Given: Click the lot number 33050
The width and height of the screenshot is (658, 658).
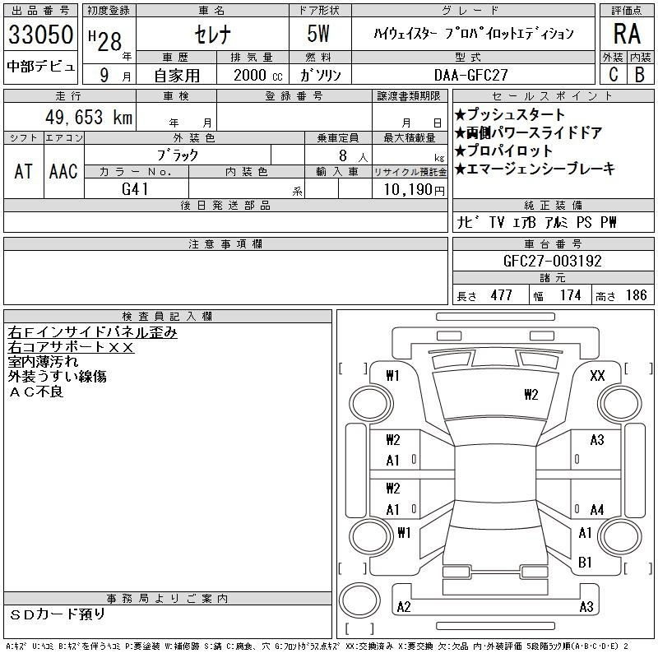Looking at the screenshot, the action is [x=40, y=35].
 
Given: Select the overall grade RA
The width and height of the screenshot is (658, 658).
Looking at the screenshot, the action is [x=627, y=34].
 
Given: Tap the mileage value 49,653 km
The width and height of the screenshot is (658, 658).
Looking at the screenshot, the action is [x=89, y=117].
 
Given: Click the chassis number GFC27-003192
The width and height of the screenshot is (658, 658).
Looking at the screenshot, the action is [x=553, y=261].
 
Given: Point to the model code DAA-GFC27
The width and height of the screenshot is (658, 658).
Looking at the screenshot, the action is [x=470, y=75].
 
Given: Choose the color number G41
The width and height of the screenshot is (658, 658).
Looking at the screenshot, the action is [x=135, y=189].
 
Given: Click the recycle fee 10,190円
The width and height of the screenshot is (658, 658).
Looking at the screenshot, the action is [x=414, y=190].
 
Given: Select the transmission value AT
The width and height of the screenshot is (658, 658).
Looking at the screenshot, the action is [x=24, y=171].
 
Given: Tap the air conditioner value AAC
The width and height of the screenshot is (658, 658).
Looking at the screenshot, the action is [x=63, y=171].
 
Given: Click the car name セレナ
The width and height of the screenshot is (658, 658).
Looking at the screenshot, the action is [x=213, y=35].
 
